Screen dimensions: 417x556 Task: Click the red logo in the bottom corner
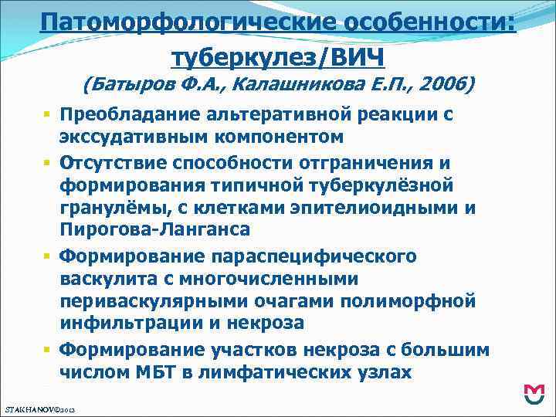534,395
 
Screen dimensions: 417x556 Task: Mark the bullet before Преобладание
47,115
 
